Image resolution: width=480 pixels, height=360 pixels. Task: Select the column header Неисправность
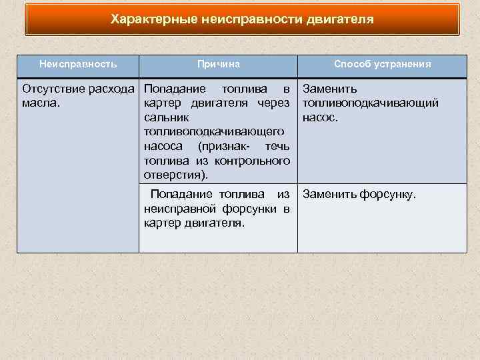tap(78, 65)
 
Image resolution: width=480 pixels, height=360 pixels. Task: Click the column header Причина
tap(218, 65)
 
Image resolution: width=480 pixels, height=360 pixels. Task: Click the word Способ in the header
tap(349, 65)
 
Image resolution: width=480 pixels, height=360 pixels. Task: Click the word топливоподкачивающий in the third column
tap(370, 103)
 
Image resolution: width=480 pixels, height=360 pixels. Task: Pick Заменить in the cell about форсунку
tap(329, 195)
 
